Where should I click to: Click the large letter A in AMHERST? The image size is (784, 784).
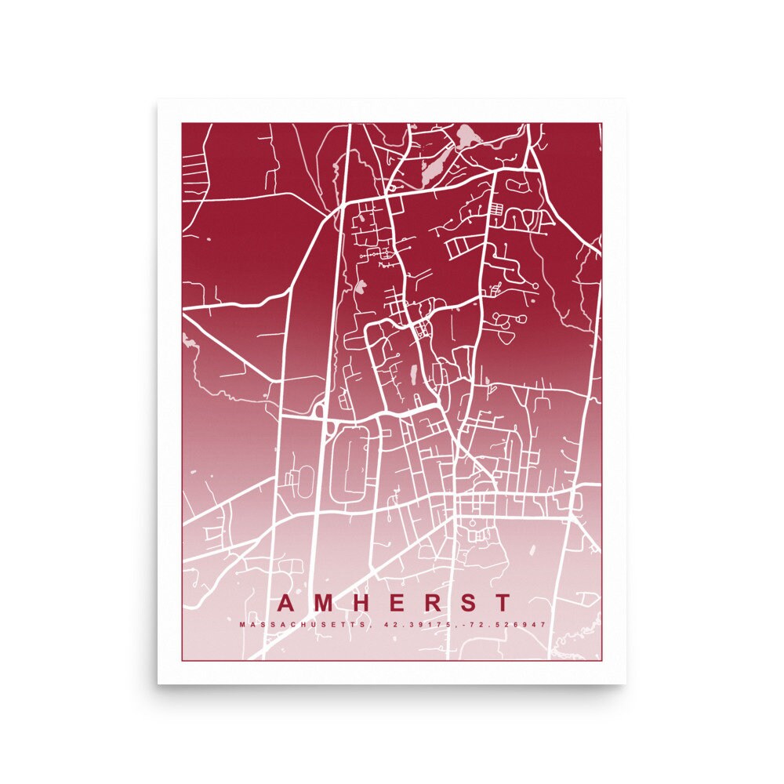pyautogui.click(x=287, y=604)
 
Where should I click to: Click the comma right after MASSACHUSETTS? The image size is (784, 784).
pyautogui.click(x=368, y=626)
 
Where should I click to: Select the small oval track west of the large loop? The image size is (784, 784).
pyautogui.click(x=303, y=475)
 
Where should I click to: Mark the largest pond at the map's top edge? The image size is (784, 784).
pyautogui.click(x=470, y=136)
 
